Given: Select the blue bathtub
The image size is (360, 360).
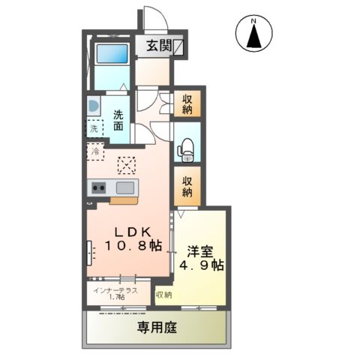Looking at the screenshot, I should (111, 55).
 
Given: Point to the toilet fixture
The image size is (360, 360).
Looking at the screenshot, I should (185, 150).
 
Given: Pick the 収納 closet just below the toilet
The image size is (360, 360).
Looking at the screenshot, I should (186, 186).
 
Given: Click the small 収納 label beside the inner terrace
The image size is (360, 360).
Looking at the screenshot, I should (163, 295).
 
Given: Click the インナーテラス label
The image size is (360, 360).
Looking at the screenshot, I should (115, 290).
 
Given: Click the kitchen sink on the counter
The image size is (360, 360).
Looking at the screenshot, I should (124, 187).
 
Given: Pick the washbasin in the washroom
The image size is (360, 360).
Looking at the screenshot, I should (92, 105).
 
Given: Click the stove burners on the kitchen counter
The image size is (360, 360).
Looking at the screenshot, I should (99, 187).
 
